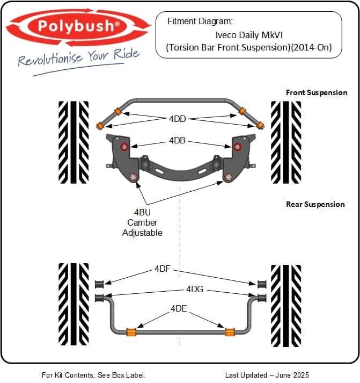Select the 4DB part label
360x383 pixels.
177,141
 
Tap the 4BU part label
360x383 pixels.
142,212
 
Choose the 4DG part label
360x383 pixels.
195,289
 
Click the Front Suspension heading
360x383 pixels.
317,92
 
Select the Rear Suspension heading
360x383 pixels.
315,204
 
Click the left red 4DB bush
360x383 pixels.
124,147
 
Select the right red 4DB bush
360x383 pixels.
237,147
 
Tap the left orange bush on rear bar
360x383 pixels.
130,331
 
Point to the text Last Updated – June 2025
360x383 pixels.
267,375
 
